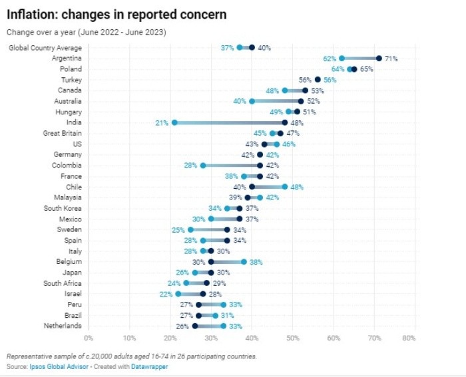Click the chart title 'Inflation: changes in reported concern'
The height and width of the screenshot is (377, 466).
[x=116, y=14]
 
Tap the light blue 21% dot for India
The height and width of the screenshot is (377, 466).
[x=174, y=122]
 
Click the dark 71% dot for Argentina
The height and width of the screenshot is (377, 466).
[x=379, y=59]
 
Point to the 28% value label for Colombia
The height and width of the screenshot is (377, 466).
[x=191, y=166]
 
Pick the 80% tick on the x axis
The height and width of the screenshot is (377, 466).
[x=409, y=338]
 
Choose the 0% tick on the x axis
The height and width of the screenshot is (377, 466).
[x=89, y=338]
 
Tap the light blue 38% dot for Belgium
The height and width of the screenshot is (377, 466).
[x=244, y=262]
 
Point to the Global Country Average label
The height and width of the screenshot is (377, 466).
[x=45, y=48]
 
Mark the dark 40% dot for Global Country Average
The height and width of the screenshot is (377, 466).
[x=252, y=48]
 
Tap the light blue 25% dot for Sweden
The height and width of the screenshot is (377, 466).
[x=191, y=229]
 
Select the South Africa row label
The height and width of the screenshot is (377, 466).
[x=63, y=283]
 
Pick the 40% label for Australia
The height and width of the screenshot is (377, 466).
[x=240, y=101]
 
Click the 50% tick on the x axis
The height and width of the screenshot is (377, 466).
[x=292, y=338]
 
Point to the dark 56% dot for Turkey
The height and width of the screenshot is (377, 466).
[x=318, y=80]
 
